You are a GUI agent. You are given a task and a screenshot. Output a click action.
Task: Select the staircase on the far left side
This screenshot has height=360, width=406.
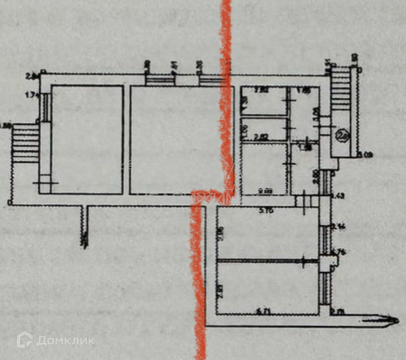click(x=25, y=143)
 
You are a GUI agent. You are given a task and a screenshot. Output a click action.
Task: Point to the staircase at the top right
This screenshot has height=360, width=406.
click(x=341, y=90)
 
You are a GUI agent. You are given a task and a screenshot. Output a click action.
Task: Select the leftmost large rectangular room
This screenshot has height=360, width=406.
click(x=87, y=139)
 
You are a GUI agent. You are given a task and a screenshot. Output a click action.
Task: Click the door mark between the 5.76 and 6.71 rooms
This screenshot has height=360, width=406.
click(x=303, y=261)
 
